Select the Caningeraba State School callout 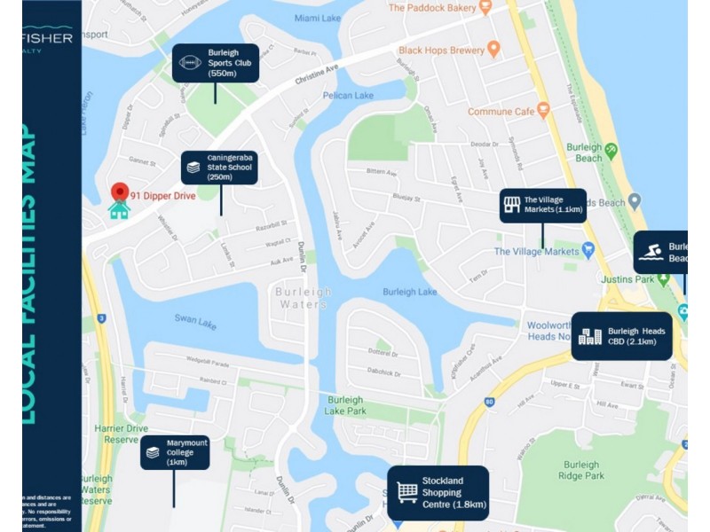[x=219, y=167]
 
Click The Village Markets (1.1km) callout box [x=542, y=206]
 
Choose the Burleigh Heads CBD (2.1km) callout [x=621, y=336]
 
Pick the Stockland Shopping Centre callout [x=438, y=493]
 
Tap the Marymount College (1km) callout [x=174, y=452]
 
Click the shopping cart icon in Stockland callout [x=407, y=493]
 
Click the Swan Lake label [x=195, y=321]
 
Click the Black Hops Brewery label [x=442, y=51]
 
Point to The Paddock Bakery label [x=433, y=8]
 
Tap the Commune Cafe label [x=501, y=112]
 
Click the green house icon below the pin [x=119, y=210]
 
